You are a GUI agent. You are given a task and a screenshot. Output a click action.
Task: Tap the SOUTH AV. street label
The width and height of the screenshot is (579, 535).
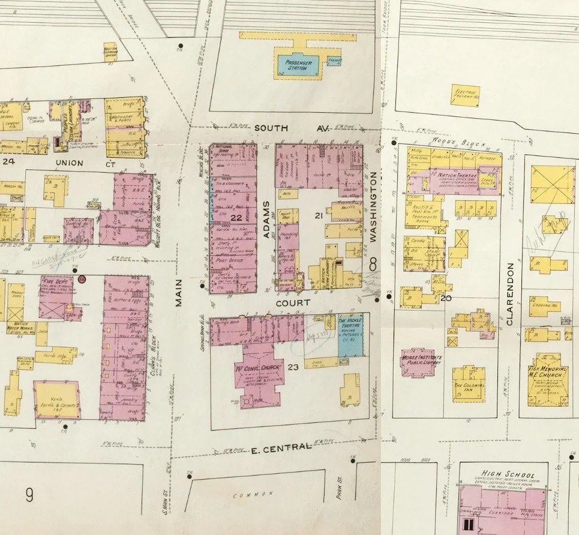(280, 128)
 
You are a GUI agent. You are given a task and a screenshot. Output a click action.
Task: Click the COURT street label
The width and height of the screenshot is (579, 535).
(293, 303)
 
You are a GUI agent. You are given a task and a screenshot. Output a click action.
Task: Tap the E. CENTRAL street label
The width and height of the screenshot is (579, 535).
(281, 447)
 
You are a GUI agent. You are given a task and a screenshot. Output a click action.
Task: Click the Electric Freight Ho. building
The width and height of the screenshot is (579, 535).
(465, 94)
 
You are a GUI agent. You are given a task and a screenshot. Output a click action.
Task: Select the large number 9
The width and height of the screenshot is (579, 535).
(29, 495)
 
